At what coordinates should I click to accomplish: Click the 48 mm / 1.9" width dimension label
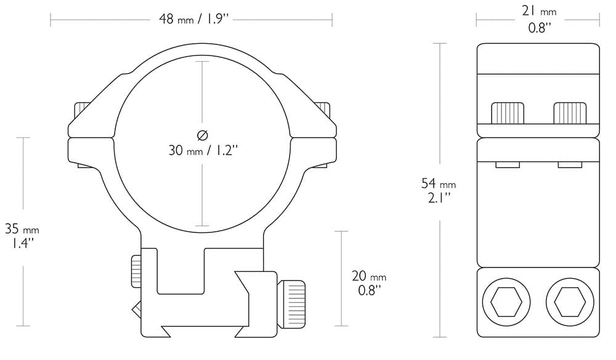(194, 19)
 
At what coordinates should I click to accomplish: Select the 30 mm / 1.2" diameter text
(203, 150)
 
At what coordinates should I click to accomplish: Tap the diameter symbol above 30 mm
(203, 134)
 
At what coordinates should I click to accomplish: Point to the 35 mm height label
(22, 229)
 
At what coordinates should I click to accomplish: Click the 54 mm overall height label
(439, 184)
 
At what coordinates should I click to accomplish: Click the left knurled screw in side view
(508, 113)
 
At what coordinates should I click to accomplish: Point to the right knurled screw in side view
(570, 113)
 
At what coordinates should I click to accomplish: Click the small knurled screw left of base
(136, 271)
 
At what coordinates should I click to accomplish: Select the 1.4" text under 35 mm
(22, 243)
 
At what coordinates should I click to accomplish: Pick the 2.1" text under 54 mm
(439, 197)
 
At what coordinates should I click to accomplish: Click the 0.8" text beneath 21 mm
(539, 28)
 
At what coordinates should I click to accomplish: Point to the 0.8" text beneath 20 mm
(369, 290)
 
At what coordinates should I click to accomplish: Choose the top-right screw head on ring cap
(323, 111)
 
